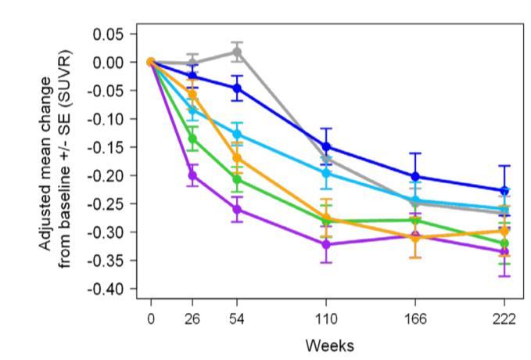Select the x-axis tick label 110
(326, 319)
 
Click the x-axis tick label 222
(504, 319)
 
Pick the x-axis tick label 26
(193, 319)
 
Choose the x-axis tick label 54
(238, 319)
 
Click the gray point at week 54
(238, 52)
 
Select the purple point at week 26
(193, 175)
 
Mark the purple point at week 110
(326, 244)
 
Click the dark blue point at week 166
(415, 177)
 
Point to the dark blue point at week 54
(238, 88)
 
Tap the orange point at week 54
(238, 158)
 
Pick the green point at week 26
(193, 139)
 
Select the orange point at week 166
(415, 238)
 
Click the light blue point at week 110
(326, 173)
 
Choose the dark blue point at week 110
(326, 147)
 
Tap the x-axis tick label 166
(415, 319)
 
